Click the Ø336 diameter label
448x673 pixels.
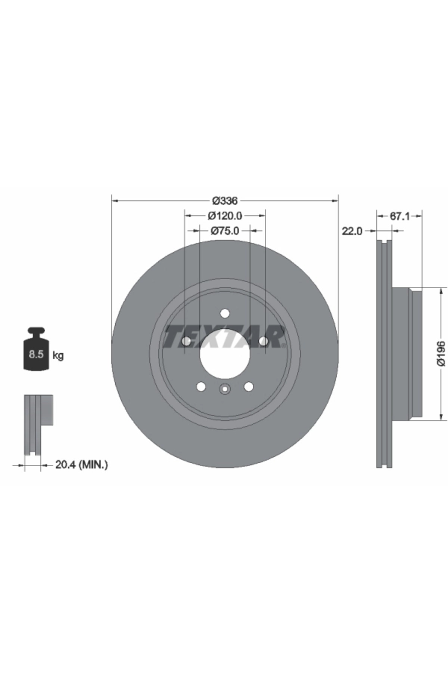tap(225, 201)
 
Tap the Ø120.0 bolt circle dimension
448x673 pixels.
tap(225, 216)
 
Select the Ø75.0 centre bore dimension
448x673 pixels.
tap(225, 231)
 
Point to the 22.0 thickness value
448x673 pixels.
tap(352, 231)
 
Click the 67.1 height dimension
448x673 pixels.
tap(399, 216)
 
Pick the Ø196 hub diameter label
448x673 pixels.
tap(441, 353)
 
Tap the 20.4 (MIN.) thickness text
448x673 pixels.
tap(81, 465)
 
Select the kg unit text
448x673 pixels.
tap(58, 355)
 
